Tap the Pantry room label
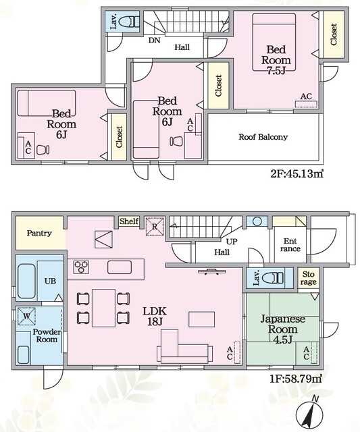[x=40, y=233]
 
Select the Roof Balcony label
[x=263, y=137]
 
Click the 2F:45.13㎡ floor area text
[x=292, y=173]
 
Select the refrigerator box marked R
[x=154, y=226]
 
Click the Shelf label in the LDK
[x=129, y=221]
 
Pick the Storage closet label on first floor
[x=308, y=278]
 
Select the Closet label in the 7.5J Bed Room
[x=334, y=34]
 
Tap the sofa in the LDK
[x=183, y=352]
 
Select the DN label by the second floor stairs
[x=153, y=40]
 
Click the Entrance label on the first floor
[x=291, y=244]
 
